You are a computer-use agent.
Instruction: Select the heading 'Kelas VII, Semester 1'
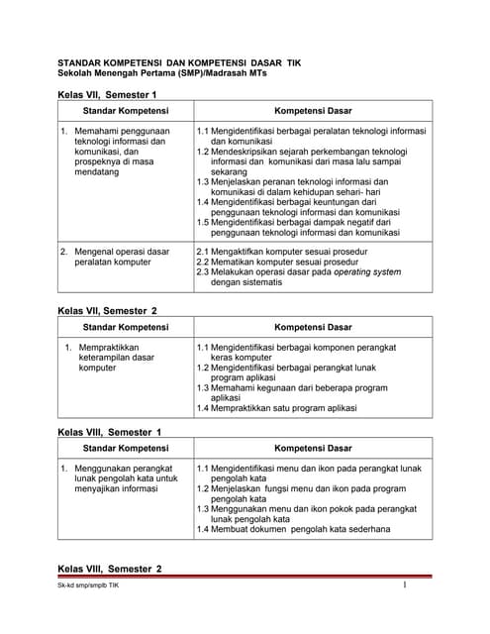coord(108,94)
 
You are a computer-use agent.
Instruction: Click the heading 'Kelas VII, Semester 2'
coord(108,311)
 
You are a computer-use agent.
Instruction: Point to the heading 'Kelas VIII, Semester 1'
coord(110,432)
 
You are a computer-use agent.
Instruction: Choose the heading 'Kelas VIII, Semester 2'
coord(110,569)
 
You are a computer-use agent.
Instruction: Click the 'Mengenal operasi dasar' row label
coord(121,252)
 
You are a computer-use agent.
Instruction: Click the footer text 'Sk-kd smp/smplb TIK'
coord(88,615)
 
